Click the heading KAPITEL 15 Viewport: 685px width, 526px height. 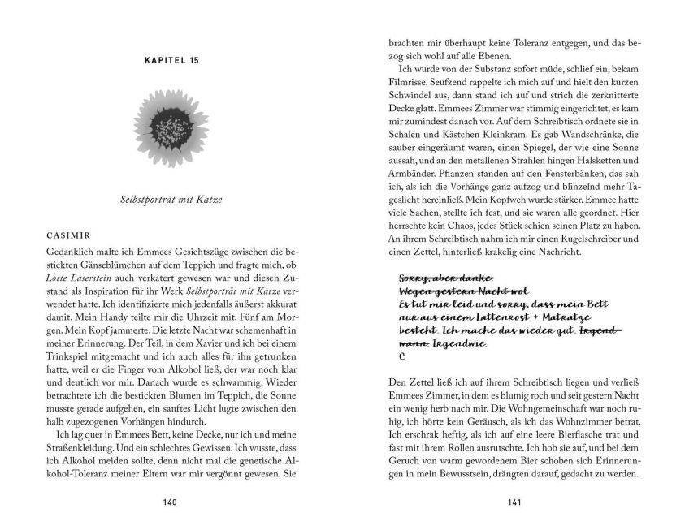pyautogui.click(x=169, y=61)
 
